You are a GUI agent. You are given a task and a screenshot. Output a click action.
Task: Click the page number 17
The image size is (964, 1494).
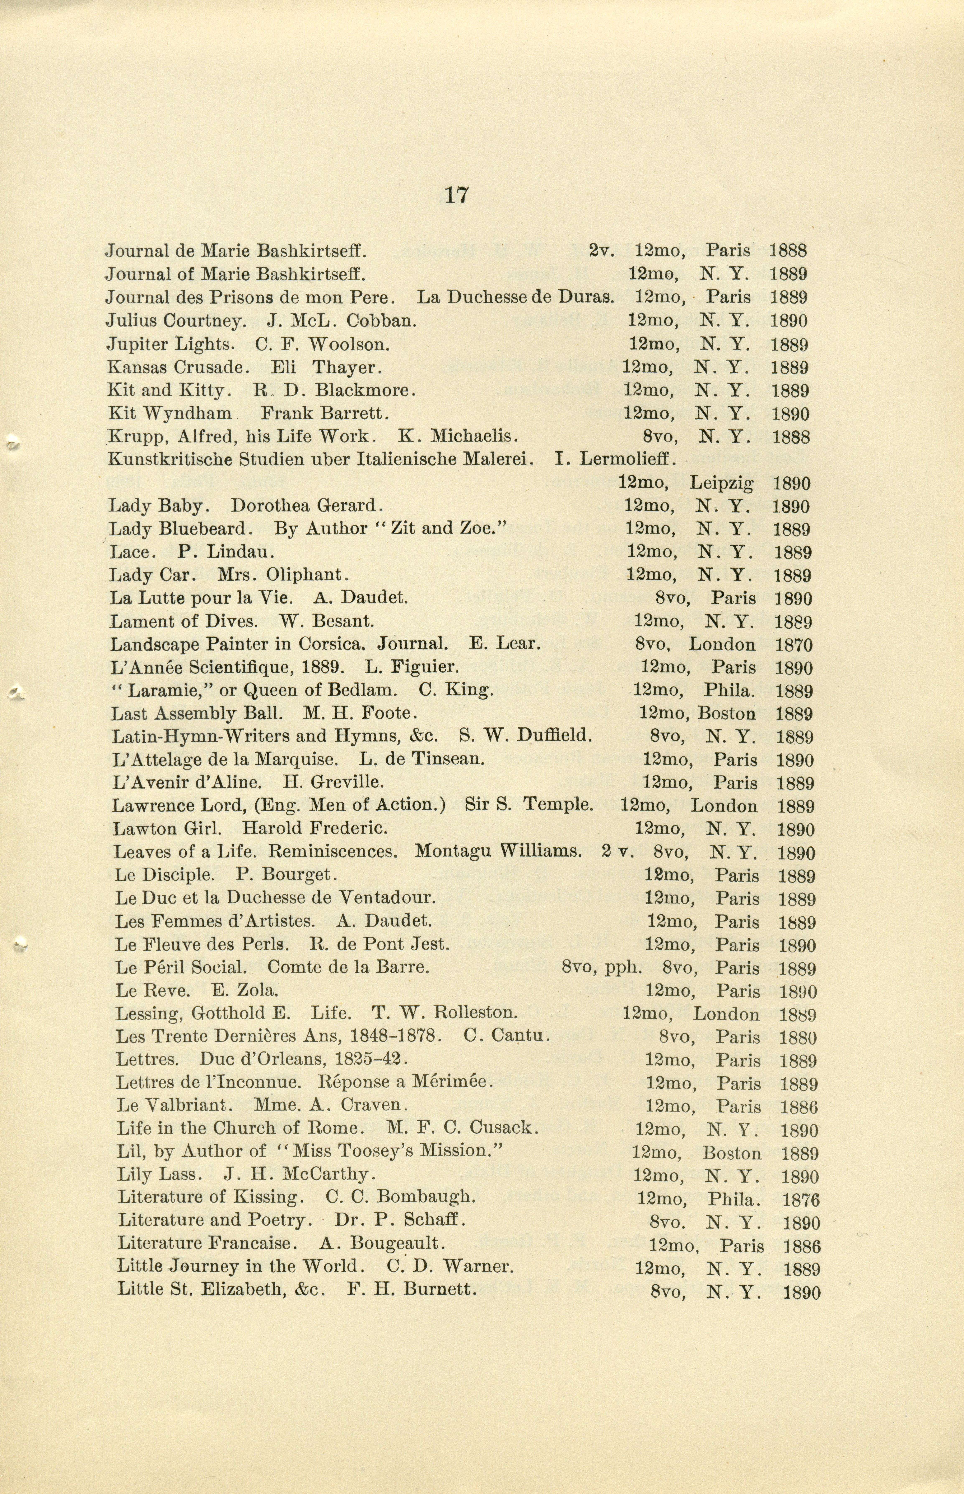(456, 195)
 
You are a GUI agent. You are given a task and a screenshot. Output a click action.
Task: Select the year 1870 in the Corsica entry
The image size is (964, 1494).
(794, 645)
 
